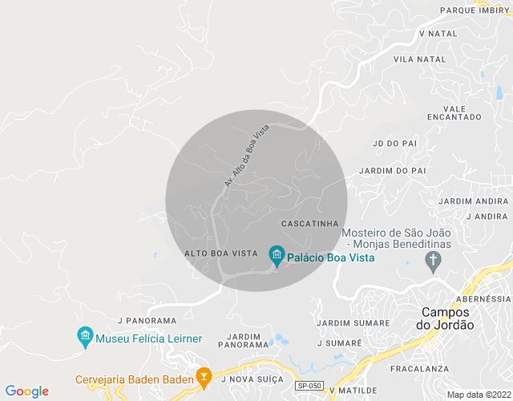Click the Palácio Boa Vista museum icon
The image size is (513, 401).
tap(277, 256)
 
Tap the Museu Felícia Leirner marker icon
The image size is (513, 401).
tap(86, 338)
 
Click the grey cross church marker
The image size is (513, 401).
tap(434, 260)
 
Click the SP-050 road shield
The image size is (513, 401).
tap(309, 386)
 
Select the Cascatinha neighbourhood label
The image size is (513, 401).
tap(312, 223)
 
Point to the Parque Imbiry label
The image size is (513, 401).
tap(475, 10)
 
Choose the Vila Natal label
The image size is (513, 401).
tap(419, 59)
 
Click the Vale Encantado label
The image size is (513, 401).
tap(454, 112)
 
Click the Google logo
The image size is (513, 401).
tap(26, 391)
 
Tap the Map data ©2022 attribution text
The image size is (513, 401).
tap(479, 395)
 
